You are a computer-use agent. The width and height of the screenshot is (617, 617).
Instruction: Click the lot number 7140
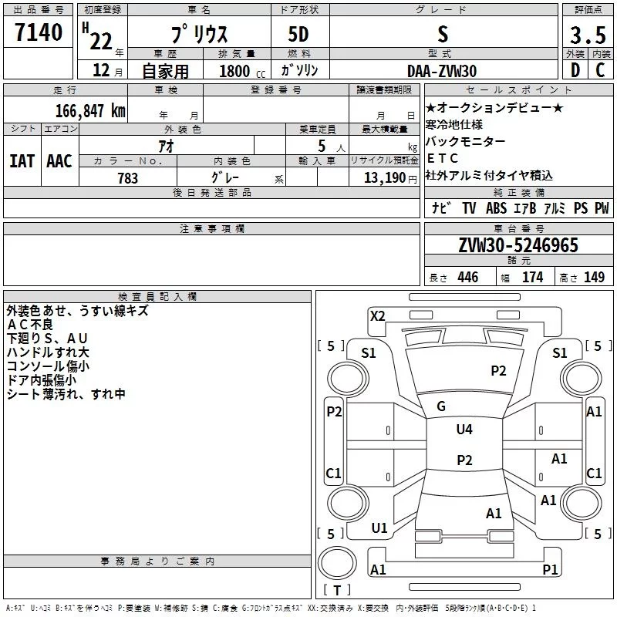tap(39, 32)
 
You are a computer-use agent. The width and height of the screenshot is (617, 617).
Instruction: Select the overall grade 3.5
tap(588, 35)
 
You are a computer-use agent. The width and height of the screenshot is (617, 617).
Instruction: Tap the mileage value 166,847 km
tap(90, 110)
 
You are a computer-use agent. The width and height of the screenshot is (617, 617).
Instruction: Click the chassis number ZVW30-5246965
tap(518, 244)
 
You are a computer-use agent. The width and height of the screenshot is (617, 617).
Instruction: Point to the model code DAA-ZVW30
tap(442, 71)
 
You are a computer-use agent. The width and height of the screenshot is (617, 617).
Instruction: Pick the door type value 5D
tap(298, 34)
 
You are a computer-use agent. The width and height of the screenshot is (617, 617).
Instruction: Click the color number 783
tap(128, 178)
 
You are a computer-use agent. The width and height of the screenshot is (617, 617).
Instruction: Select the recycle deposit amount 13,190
tap(385, 177)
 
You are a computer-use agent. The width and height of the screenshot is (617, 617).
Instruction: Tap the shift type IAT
tap(22, 161)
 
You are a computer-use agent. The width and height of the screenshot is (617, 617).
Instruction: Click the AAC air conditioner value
tap(59, 161)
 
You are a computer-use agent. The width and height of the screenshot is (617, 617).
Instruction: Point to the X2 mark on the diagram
tap(377, 315)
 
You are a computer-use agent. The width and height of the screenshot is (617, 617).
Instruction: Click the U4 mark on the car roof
tap(464, 429)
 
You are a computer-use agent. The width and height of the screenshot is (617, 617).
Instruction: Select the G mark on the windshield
tap(441, 406)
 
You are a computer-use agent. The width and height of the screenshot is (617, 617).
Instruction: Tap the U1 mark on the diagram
tap(379, 528)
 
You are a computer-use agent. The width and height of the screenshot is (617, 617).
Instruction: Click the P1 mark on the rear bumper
tap(550, 569)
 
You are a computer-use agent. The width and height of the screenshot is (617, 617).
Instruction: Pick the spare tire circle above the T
tap(337, 563)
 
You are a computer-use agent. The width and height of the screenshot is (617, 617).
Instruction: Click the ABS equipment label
tap(496, 208)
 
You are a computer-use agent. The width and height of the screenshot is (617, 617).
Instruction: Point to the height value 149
tap(594, 277)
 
